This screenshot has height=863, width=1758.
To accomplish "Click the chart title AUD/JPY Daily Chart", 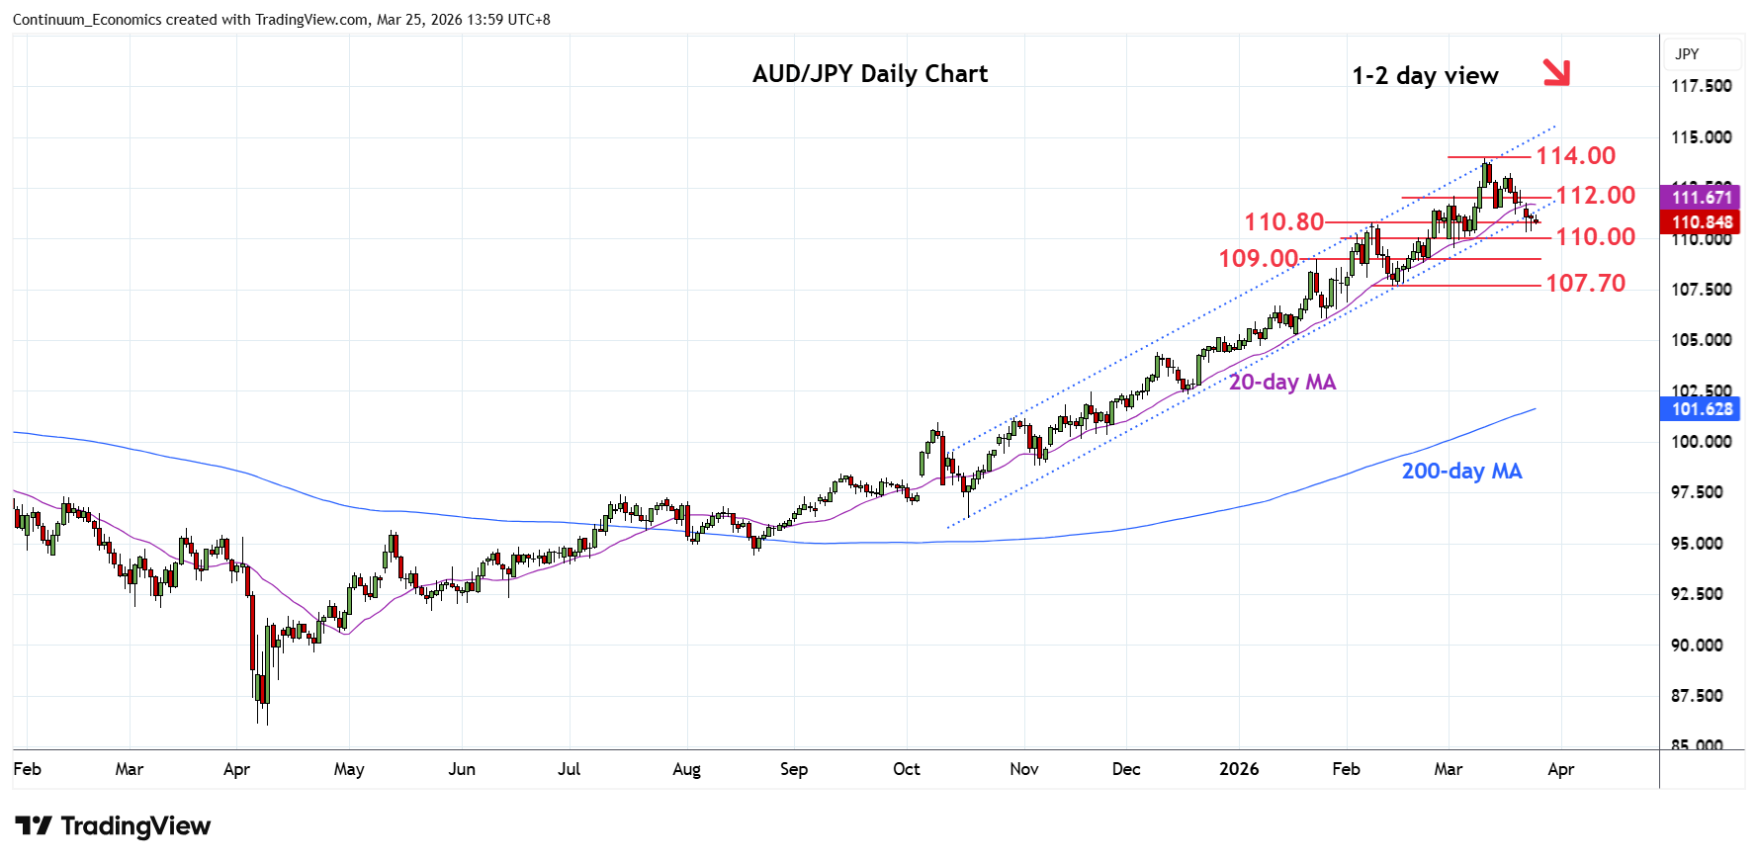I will coord(870,74).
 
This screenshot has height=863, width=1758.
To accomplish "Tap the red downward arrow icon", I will coord(1556,72).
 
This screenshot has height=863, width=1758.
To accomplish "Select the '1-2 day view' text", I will coord(1425,76).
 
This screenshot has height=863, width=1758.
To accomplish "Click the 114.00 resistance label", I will coord(1575,156).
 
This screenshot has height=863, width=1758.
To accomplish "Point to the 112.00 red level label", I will coord(1595,196).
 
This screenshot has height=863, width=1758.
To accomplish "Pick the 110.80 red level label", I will coord(1283,222).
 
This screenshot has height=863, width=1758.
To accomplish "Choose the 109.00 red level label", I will coord(1258,259).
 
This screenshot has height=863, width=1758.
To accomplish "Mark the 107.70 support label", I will coord(1585,284).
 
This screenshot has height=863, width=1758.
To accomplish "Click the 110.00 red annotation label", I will coord(1595,237).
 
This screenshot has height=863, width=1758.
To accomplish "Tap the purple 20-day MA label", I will coord(1281,383).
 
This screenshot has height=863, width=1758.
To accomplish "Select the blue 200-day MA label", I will coord(1461,472).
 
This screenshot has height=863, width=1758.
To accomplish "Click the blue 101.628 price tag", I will coord(1701,409).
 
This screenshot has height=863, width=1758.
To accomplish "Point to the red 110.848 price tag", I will coord(1701,222).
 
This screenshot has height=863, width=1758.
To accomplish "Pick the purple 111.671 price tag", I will coord(1701,198).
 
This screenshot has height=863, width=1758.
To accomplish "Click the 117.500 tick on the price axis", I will coord(1701,86).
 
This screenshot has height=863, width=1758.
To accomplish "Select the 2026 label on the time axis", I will coord(1239,769).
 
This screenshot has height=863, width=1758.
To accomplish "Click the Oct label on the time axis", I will coord(906,769).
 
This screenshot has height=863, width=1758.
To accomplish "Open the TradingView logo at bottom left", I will coord(114,826).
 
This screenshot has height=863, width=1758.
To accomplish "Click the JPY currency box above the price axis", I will coord(1687,54).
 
